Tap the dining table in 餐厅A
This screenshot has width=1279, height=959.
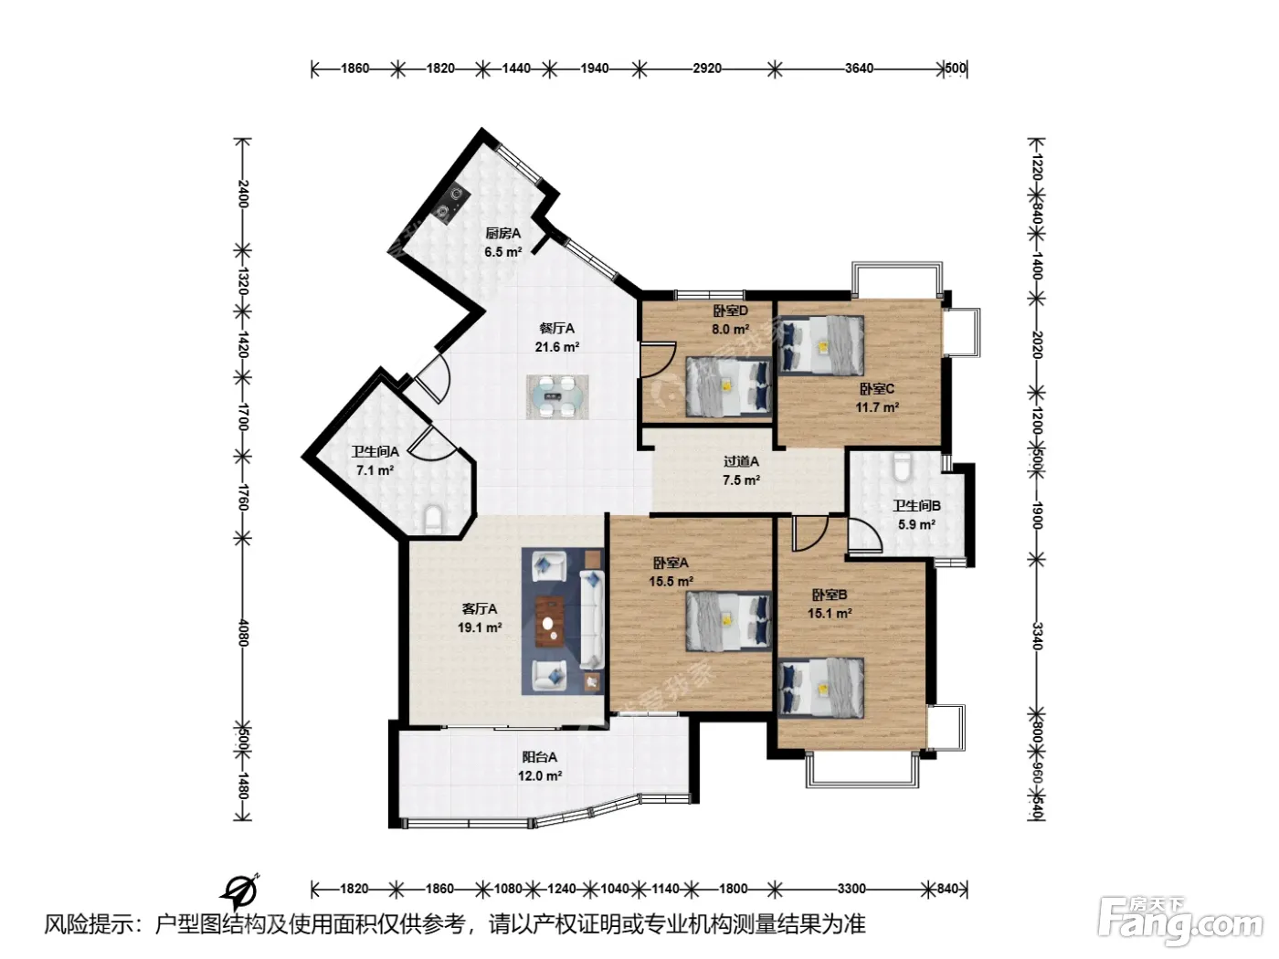tap(557, 396)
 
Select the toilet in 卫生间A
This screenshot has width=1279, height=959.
tap(433, 520)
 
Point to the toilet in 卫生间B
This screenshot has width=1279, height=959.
tap(902, 467)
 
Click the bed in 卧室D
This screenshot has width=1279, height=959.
tap(728, 386)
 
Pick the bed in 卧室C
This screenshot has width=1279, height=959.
tap(821, 345)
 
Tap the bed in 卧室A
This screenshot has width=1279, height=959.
tap(728, 621)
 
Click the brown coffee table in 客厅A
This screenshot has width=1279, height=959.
tap(551, 621)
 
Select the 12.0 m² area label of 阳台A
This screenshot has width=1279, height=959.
tap(540, 775)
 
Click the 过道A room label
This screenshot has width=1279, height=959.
tap(741, 462)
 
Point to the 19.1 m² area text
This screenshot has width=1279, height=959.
tap(480, 627)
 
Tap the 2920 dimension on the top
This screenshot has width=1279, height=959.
tap(707, 68)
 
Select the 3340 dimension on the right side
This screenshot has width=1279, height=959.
tap(1037, 636)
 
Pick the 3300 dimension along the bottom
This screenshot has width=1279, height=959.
tap(851, 889)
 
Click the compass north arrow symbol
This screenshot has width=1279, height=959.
tap(240, 890)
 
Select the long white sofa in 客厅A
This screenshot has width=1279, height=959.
tap(592, 619)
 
